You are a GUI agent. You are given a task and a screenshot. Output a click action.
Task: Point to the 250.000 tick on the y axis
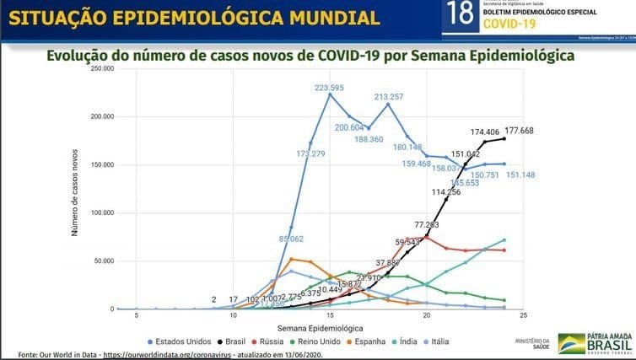point(101,68)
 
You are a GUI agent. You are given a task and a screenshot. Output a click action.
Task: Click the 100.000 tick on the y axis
point(101,213)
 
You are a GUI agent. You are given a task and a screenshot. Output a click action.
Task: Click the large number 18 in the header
point(461,16)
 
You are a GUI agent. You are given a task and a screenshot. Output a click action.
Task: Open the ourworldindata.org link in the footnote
point(185,354)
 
